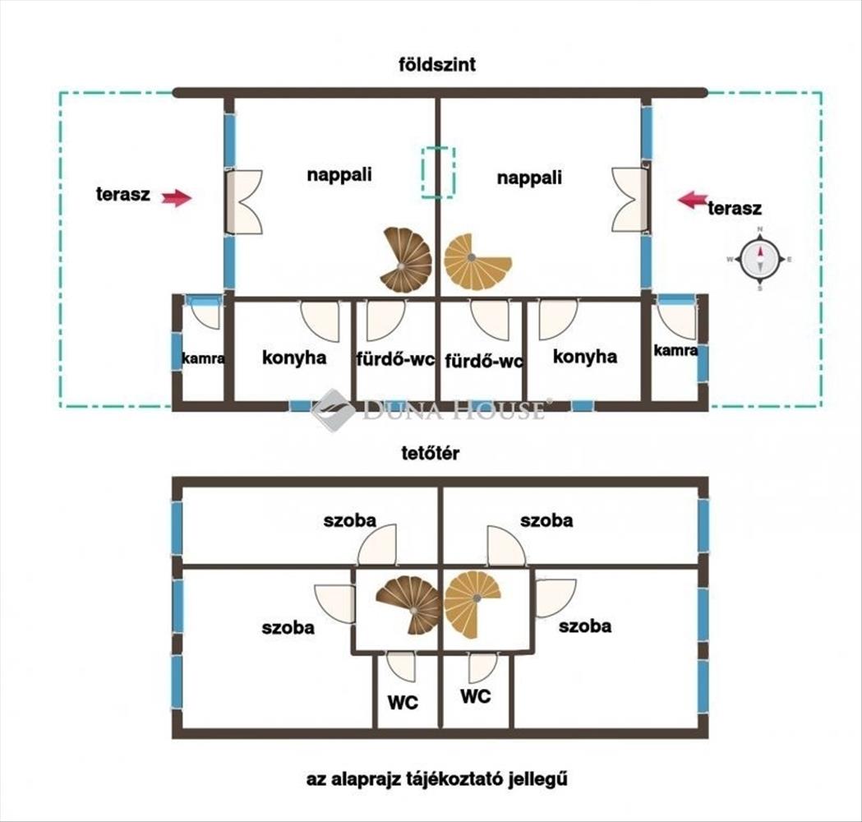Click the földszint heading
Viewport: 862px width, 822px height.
point(437,64)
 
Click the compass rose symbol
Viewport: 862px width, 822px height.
point(760,259)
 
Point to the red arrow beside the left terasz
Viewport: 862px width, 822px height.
point(177,198)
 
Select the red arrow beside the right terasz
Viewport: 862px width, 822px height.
point(693,200)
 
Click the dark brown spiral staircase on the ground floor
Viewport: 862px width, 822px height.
point(406,259)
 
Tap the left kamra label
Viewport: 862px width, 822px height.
point(204,359)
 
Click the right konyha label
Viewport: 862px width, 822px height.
point(585,356)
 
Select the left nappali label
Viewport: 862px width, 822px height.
point(339,175)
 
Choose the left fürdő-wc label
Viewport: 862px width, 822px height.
point(396,359)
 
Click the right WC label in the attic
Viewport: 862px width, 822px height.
point(476,696)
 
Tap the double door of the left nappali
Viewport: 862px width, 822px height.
point(244,201)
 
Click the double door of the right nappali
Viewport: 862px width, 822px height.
point(629,200)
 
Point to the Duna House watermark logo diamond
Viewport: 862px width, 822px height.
point(333,410)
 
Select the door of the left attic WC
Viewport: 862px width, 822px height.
point(401,667)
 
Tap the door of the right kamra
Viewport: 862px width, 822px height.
point(678,321)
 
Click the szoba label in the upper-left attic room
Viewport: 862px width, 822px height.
point(349,520)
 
